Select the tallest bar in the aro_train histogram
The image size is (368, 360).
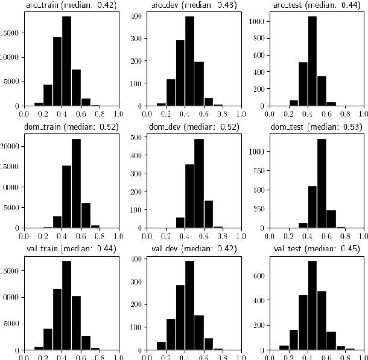click(66, 61)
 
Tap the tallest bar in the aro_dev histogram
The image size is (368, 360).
click(189, 61)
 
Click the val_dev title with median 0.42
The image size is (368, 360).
click(194, 249)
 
